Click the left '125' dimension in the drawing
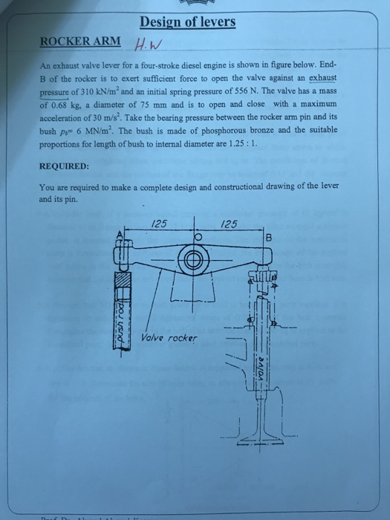tap(158, 222)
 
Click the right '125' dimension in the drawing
tap(230, 222)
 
